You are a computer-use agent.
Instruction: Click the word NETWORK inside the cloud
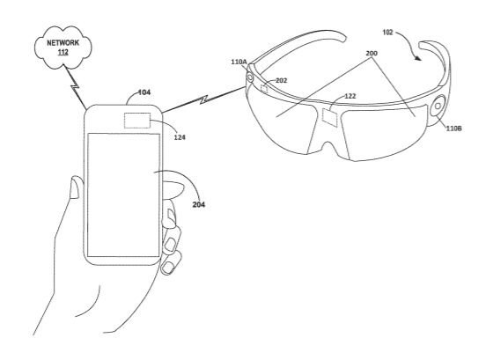click(63, 43)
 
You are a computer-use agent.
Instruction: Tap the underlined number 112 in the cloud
click(63, 52)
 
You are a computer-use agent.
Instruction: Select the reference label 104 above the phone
click(144, 92)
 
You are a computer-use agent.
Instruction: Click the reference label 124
click(180, 137)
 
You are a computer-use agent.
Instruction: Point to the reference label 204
click(199, 204)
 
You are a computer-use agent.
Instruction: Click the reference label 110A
click(239, 62)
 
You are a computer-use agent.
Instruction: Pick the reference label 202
click(282, 81)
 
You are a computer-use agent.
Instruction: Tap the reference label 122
click(350, 96)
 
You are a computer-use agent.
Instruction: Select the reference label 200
click(372, 54)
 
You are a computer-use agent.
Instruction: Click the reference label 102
click(387, 33)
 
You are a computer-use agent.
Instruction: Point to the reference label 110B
click(453, 129)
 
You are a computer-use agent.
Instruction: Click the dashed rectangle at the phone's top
click(137, 121)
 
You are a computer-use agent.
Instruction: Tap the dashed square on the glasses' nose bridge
click(329, 117)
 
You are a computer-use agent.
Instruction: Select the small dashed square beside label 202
click(264, 89)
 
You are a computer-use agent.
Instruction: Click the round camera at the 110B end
click(438, 107)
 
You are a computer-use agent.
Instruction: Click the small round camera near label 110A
click(249, 77)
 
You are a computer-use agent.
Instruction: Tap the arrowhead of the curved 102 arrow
click(418, 58)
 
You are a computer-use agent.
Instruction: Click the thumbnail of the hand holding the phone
click(74, 187)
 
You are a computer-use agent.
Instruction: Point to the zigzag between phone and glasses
click(203, 99)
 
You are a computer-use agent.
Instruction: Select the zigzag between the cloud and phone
click(74, 88)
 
